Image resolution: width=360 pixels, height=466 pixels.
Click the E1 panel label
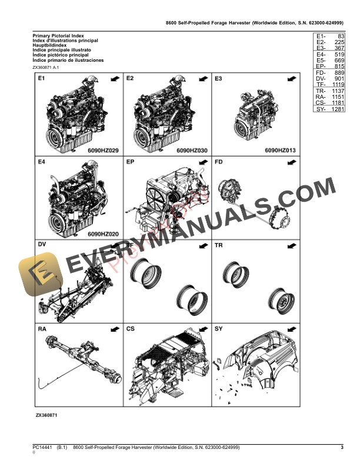pos(42,78)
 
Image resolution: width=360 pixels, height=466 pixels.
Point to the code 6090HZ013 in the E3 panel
pos(279,150)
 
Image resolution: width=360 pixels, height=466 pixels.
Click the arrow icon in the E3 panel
pos(291,78)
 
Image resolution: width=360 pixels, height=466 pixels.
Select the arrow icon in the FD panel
pos(291,162)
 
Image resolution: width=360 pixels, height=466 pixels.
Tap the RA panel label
pos(42,328)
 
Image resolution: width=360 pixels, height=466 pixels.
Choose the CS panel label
pos(131,328)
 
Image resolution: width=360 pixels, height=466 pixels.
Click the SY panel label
pos(219,328)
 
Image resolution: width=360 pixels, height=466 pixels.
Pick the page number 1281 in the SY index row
pos(337,109)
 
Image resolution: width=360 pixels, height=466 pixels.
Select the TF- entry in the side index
pos(321,84)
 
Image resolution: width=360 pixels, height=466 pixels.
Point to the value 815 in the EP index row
pos(338,66)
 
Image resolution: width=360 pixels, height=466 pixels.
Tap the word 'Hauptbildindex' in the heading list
pos(52,46)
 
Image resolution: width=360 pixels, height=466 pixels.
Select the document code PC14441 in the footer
pos(42,448)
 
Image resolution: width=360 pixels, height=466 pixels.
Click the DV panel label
pos(42,245)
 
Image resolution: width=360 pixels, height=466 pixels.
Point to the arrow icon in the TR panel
pos(291,245)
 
